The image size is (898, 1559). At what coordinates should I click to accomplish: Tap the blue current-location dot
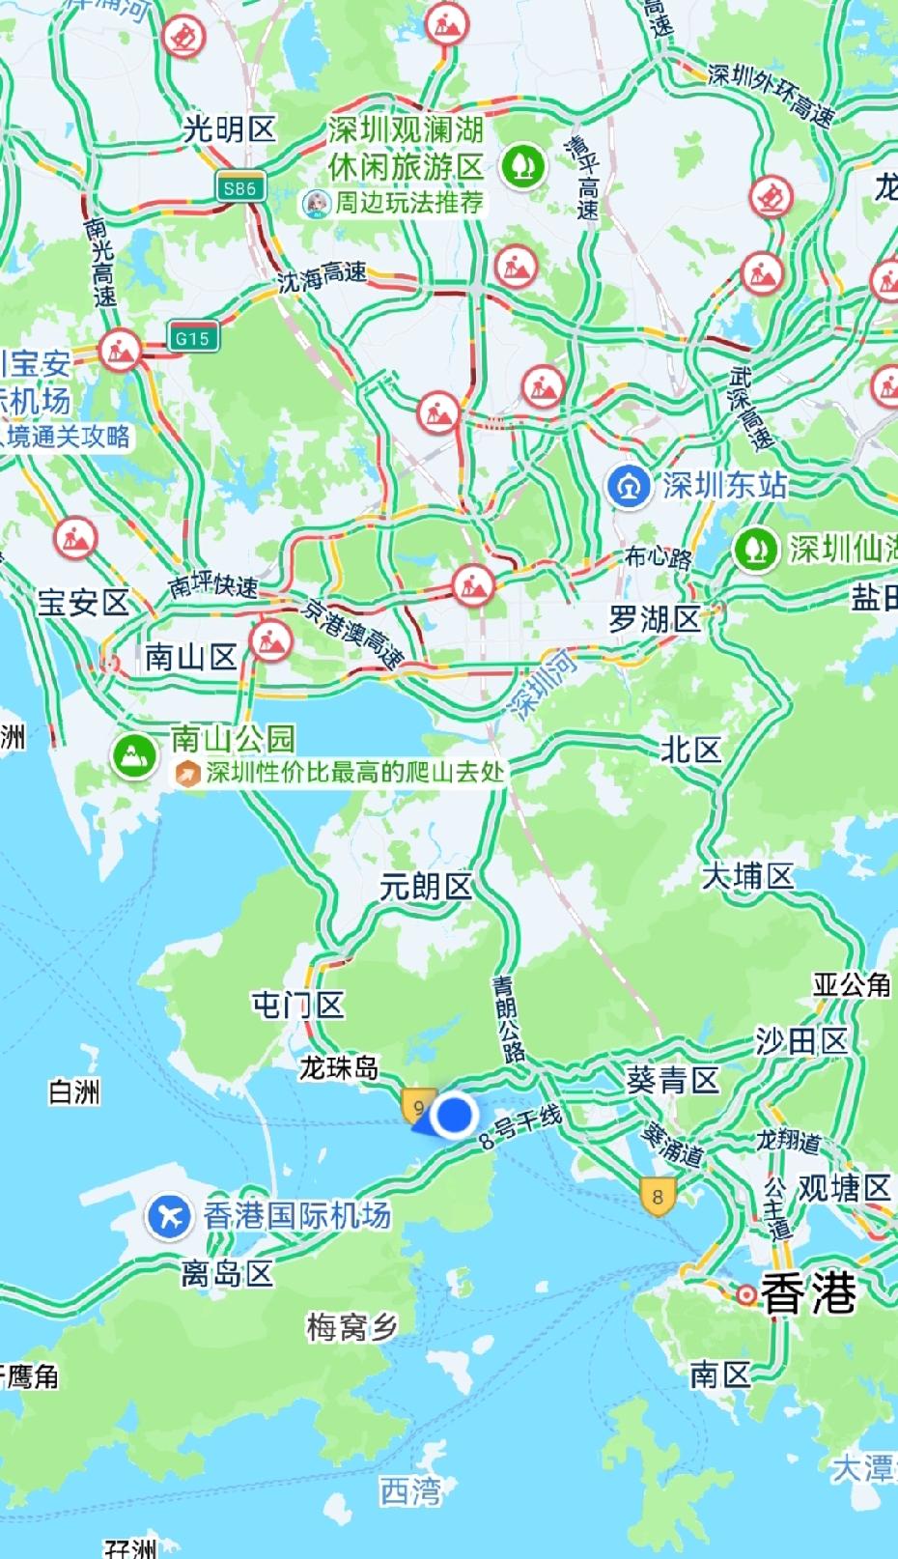pyautogui.click(x=452, y=1116)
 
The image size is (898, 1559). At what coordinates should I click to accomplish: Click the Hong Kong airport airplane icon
pyautogui.click(x=169, y=1216)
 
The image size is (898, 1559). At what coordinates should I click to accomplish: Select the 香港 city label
pyautogui.click(x=809, y=1292)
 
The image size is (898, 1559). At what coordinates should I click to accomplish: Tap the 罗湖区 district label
pyautogui.click(x=654, y=619)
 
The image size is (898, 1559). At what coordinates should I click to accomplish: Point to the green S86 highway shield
pyautogui.click(x=239, y=188)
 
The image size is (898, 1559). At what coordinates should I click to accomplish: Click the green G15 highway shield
pyautogui.click(x=192, y=338)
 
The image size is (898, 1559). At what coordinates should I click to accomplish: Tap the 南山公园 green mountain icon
pyautogui.click(x=135, y=755)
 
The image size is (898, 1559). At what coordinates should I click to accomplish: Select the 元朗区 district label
pyautogui.click(x=425, y=887)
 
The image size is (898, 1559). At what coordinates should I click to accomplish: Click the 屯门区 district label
pyautogui.click(x=297, y=1006)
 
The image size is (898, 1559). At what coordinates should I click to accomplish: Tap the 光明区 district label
pyautogui.click(x=230, y=128)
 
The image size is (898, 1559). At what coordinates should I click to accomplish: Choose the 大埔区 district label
pyautogui.click(x=747, y=876)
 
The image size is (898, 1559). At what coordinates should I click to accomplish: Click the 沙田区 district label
pyautogui.click(x=800, y=1040)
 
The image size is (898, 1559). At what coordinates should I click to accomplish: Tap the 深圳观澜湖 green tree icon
pyautogui.click(x=523, y=166)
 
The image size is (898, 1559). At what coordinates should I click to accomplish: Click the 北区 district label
pyautogui.click(x=690, y=750)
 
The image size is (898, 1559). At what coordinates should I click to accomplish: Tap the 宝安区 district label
pyautogui.click(x=83, y=603)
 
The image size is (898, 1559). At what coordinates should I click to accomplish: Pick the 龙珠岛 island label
pyautogui.click(x=338, y=1067)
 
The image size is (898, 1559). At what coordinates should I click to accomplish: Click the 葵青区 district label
pyautogui.click(x=673, y=1079)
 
